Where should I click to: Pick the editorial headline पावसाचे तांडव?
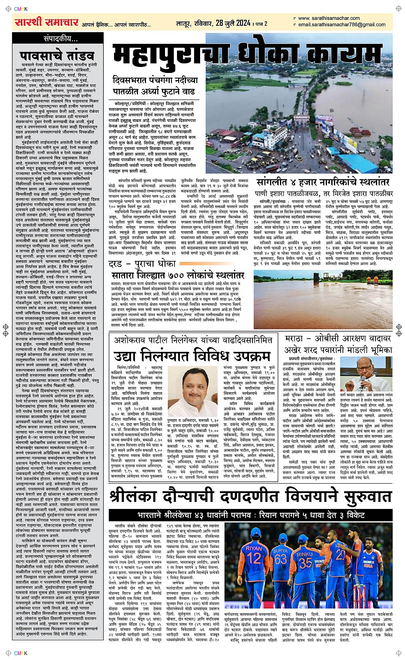[x=57, y=56]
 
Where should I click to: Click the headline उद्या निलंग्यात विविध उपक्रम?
[x=192, y=356]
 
